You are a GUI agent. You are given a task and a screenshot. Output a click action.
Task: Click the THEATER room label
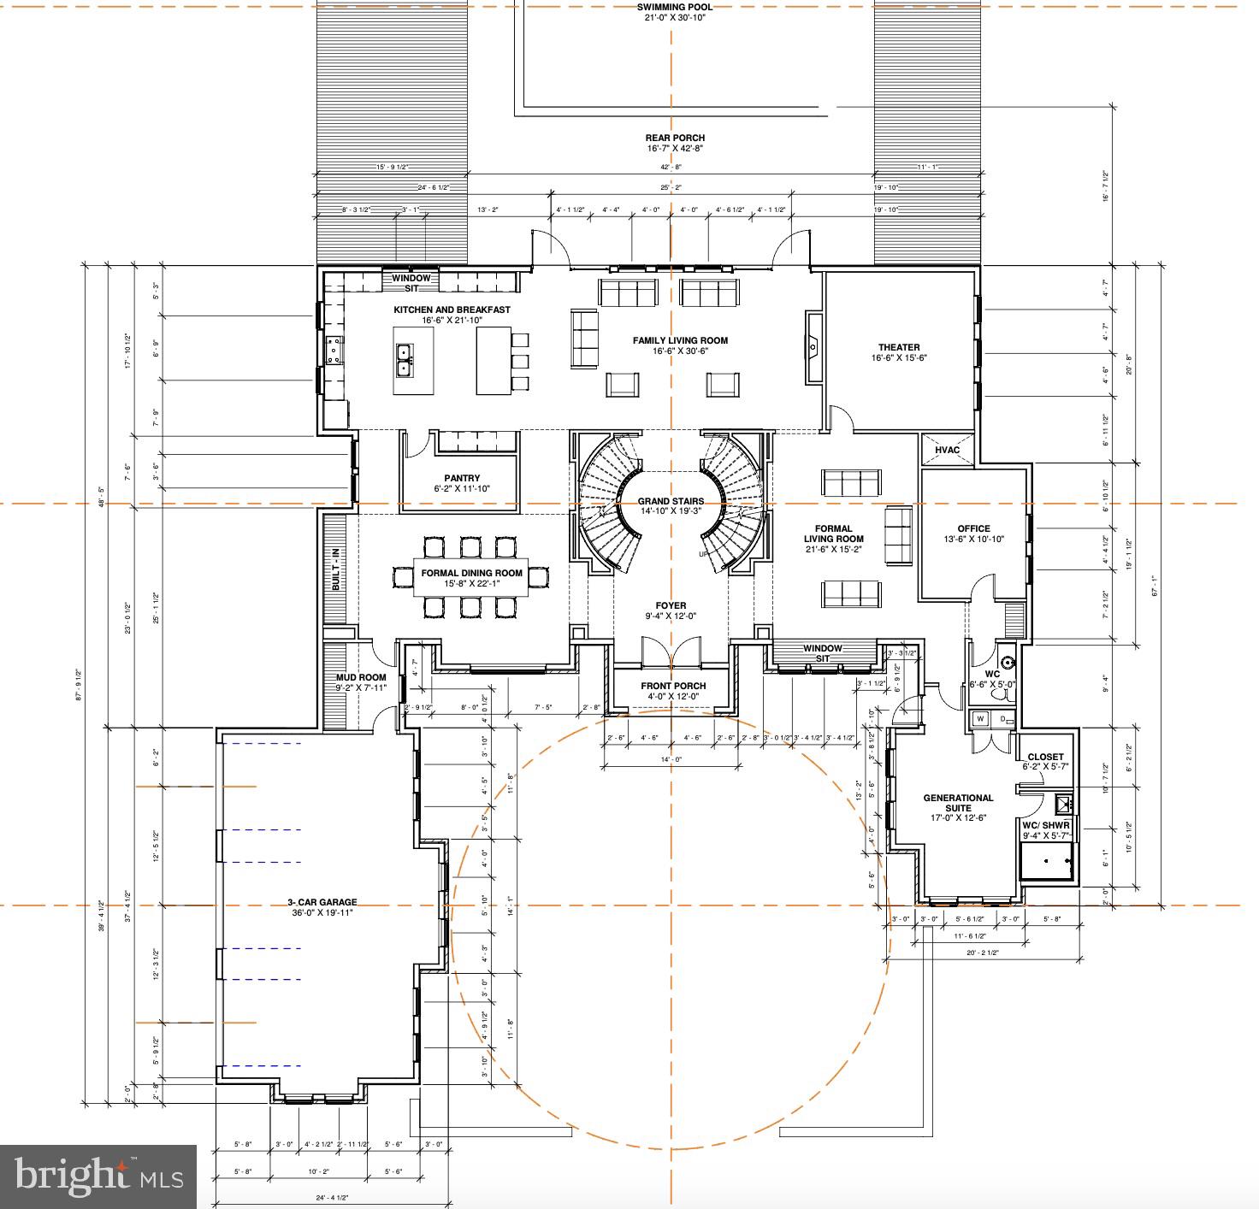[899, 348]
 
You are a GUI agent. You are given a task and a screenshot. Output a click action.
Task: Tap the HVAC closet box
[947, 451]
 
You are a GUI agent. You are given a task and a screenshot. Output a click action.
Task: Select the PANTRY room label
[462, 479]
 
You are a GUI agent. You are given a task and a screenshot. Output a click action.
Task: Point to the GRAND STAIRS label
[671, 502]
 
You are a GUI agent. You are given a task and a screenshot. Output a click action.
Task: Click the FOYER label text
[671, 606]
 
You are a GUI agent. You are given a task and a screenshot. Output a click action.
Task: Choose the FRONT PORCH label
[673, 686]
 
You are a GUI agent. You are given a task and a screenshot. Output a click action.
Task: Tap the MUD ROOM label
[360, 677]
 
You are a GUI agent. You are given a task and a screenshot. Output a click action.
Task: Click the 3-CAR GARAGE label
[322, 902]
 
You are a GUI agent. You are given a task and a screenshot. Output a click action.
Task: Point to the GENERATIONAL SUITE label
[958, 803]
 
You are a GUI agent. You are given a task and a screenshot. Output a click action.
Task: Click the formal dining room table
[471, 578]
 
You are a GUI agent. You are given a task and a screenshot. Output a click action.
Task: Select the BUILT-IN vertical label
[336, 569]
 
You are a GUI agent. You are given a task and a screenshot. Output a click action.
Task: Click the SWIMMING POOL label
[674, 7]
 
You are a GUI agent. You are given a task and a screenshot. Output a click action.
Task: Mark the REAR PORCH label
[675, 138]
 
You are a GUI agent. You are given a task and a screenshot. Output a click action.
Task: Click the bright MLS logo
[98, 1177]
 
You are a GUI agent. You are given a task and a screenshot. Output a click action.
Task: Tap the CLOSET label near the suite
[1045, 757]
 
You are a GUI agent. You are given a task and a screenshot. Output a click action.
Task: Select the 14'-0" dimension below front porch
[671, 759]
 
